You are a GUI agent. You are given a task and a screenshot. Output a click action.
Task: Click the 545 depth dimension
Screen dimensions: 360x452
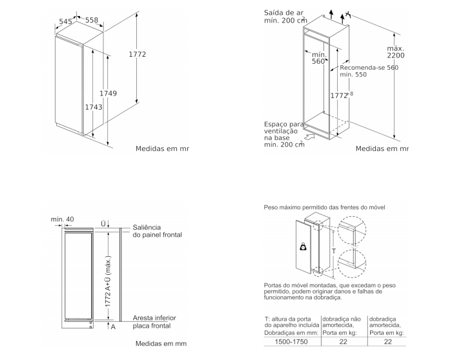point(65,21)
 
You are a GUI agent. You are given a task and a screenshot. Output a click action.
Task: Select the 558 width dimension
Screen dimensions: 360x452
point(92,21)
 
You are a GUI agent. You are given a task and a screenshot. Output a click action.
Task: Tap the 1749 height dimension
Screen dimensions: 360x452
point(108,94)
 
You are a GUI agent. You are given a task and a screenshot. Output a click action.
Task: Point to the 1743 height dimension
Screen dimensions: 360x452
point(94,107)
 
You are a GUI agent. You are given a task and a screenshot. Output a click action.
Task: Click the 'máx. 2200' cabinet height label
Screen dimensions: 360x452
point(396,53)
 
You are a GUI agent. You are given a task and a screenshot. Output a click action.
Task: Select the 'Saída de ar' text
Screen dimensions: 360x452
point(283,12)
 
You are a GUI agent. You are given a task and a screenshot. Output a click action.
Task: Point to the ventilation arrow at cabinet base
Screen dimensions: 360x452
point(310,136)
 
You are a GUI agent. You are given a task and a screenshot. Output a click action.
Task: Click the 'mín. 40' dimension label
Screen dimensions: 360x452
point(63,219)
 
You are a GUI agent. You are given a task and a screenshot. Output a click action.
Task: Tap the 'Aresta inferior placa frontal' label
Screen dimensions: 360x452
point(154,322)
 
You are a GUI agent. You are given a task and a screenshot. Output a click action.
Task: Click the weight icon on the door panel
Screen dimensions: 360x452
point(303,246)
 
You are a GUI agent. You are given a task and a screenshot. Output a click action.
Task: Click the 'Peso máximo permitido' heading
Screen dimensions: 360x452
point(325,208)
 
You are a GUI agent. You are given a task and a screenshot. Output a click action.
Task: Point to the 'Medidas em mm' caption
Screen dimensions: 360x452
point(160,345)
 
